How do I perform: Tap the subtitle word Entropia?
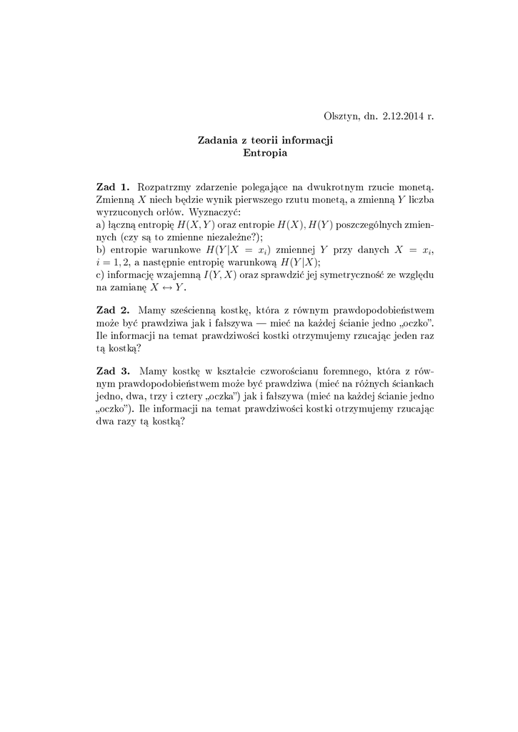click(265, 152)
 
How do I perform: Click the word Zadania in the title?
click(218, 140)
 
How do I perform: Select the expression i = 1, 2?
click(118, 262)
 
